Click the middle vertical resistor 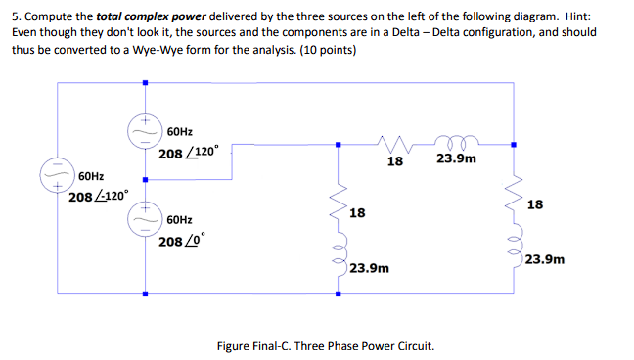[340, 202]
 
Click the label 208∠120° [194, 154]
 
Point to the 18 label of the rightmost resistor [534, 204]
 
